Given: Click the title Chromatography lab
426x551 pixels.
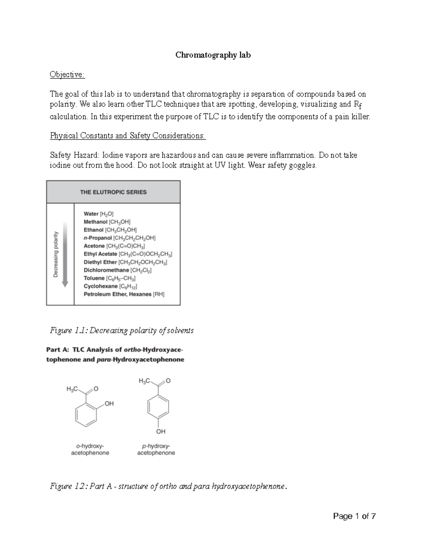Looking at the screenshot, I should pyautogui.click(x=213, y=55).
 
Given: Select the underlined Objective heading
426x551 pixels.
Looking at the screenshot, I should pyautogui.click(x=67, y=75).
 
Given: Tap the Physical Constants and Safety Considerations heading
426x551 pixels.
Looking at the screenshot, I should pyautogui.click(x=128, y=136).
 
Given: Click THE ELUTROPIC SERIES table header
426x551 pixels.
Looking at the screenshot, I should pyautogui.click(x=113, y=192).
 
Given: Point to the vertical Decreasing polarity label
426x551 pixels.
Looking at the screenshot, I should pyautogui.click(x=56, y=254).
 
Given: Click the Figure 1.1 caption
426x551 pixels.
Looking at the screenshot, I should pyautogui.click(x=122, y=331).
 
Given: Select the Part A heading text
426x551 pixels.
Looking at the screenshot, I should pyautogui.click(x=115, y=354).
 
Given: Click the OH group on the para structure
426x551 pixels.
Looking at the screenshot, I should pyautogui.click(x=160, y=431).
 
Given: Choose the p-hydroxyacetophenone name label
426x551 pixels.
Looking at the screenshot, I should pyautogui.click(x=156, y=450).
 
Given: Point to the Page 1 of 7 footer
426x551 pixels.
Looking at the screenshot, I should pyautogui.click(x=354, y=516).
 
